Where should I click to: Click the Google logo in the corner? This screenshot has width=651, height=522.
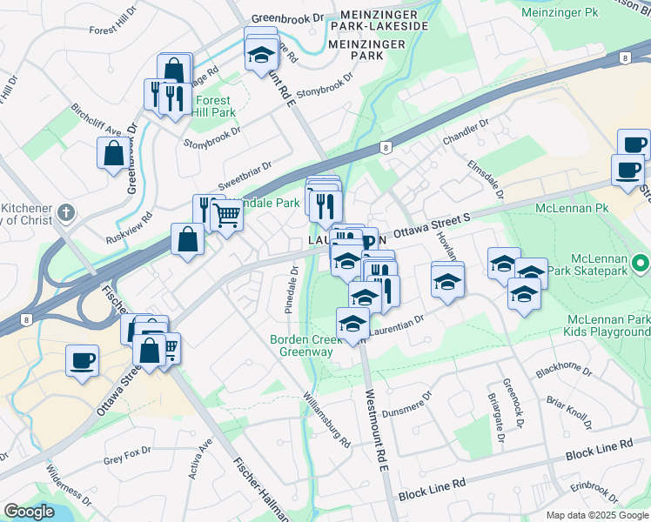(x=29, y=512)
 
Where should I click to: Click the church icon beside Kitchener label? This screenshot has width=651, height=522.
(x=67, y=212)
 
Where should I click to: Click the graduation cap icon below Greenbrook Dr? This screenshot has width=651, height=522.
(x=259, y=56)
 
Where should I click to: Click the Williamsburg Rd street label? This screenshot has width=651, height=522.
(x=326, y=418)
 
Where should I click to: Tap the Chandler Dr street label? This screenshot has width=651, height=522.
(x=460, y=134)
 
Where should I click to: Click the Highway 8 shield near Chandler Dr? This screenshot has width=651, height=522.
(x=384, y=148)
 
